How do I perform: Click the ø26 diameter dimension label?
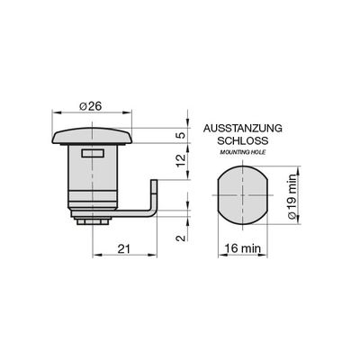pos(91,106)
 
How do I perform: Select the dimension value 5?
pos(181,135)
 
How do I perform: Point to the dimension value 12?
pos(181,161)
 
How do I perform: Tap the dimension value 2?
pos(181,238)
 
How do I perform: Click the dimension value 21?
pos(123,248)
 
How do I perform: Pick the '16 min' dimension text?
pos(243,248)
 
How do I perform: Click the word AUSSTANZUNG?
pos(243,128)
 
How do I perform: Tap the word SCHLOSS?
pos(243,140)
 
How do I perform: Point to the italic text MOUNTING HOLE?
pos(243,152)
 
